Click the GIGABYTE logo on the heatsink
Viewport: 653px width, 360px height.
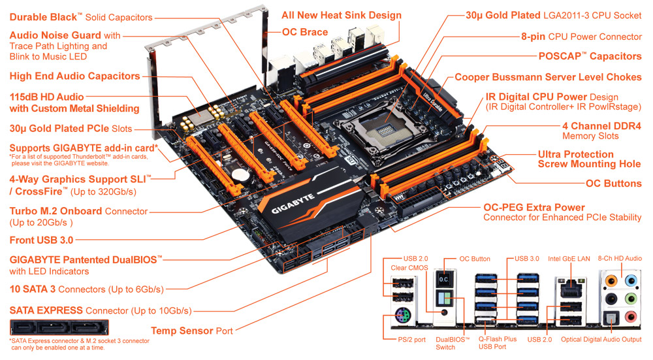click(x=293, y=204)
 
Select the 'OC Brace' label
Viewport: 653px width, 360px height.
click(x=305, y=32)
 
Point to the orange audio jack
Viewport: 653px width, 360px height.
click(x=611, y=280)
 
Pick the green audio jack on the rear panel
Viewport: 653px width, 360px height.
click(x=631, y=299)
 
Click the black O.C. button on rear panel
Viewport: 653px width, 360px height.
click(x=444, y=280)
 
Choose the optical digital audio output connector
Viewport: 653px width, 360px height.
click(x=611, y=318)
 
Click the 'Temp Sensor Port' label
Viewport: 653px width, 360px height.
click(x=192, y=331)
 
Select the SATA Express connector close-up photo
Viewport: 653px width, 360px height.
click(x=59, y=327)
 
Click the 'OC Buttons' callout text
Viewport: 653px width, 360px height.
click(x=613, y=184)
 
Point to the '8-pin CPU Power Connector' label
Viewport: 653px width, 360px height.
click(x=581, y=37)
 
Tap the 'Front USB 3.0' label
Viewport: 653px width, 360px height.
click(x=41, y=240)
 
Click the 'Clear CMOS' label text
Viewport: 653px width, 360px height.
click(x=409, y=268)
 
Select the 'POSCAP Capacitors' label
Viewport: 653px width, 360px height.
click(x=590, y=56)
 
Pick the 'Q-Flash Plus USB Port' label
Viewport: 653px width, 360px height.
click(x=497, y=343)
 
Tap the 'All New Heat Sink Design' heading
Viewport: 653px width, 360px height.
click(x=342, y=16)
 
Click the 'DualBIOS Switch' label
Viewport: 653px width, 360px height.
click(x=453, y=343)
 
